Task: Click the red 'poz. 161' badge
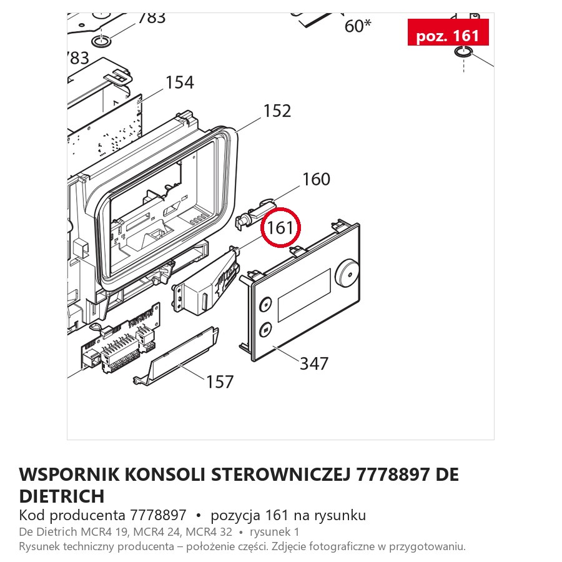tap(448, 32)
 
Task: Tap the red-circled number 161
tap(280, 227)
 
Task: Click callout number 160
tap(316, 179)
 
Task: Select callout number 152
tap(277, 111)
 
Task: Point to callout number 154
tap(180, 82)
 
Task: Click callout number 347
tap(314, 363)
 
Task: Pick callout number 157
tap(220, 382)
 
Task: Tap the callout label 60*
tap(358, 26)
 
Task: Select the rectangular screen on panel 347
tap(304, 295)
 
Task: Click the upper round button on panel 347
tap(265, 305)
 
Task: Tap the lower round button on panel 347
tap(265, 328)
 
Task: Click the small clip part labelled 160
tap(255, 214)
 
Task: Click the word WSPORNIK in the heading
tap(69, 475)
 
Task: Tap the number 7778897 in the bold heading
tap(393, 475)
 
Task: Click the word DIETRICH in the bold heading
tap(62, 496)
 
